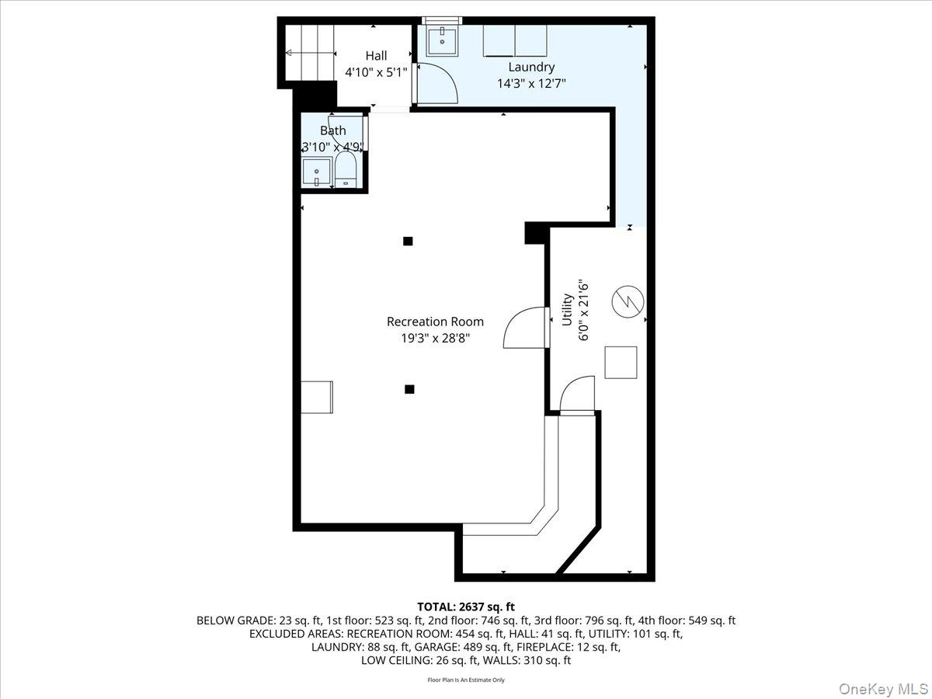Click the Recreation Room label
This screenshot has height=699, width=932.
click(x=435, y=322)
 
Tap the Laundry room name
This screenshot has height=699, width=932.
click(x=531, y=68)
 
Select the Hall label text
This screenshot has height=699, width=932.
click(x=376, y=56)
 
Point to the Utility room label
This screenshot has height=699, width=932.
click(x=568, y=309)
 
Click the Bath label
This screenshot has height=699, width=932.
click(x=332, y=131)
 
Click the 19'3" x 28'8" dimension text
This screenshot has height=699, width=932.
click(x=435, y=338)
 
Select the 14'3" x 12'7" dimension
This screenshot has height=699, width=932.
click(x=531, y=83)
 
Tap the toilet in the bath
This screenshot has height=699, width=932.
click(x=346, y=169)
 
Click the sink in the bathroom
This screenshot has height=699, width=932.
click(x=317, y=172)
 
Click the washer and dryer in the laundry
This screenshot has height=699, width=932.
click(x=515, y=40)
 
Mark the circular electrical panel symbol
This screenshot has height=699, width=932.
click(x=628, y=301)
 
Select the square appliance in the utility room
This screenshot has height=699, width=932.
click(x=621, y=362)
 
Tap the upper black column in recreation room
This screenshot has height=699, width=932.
click(x=408, y=241)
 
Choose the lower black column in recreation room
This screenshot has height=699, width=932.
click(x=409, y=389)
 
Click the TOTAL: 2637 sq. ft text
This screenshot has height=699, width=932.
click(x=466, y=607)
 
